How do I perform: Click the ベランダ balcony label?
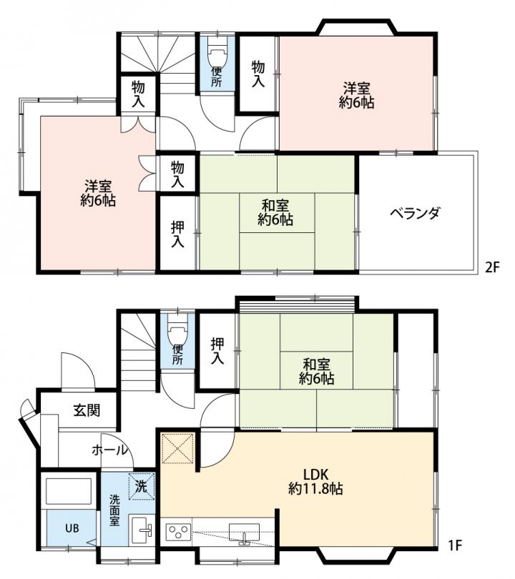pos(416,214)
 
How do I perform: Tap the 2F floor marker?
pos(491,267)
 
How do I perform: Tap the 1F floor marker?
pos(455,545)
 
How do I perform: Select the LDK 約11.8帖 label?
pos(315,482)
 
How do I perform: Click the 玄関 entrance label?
pos(87,410)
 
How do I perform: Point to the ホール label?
pos(109,450)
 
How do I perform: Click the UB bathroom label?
pos(72,528)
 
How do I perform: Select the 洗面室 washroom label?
pos(114,510)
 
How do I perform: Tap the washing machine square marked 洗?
pos(141,486)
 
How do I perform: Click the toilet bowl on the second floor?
pos(217,54)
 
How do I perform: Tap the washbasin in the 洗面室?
pos(141,530)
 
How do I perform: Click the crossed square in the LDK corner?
pos(177,448)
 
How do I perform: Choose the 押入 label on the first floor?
pos(217,351)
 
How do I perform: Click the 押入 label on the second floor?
pos(177,234)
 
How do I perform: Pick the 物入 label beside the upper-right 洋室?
pos(258,74)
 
